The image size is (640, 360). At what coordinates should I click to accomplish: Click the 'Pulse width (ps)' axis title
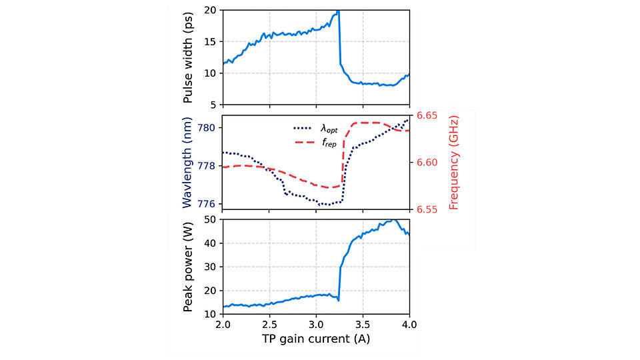coord(189,58)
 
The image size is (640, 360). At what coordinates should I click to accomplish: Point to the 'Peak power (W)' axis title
coord(189,266)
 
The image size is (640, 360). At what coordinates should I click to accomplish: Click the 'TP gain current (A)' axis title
coord(316,339)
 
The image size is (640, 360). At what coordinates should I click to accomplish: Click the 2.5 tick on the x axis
coord(269,325)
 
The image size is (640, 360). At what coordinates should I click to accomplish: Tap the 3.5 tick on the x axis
coord(363,325)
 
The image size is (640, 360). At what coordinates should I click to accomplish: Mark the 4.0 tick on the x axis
coord(409,325)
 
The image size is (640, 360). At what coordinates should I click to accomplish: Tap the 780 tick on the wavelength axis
coord(209,127)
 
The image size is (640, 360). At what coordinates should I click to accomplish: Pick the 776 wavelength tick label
coord(209,204)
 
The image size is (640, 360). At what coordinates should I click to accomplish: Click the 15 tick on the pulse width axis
coord(211,41)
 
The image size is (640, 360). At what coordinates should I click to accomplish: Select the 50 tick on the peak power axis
coord(211,219)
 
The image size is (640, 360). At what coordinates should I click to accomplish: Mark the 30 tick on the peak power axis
coord(211,267)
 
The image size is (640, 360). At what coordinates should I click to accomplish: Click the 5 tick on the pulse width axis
coord(214,105)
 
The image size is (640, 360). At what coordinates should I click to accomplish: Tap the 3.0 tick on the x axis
coord(316,325)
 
